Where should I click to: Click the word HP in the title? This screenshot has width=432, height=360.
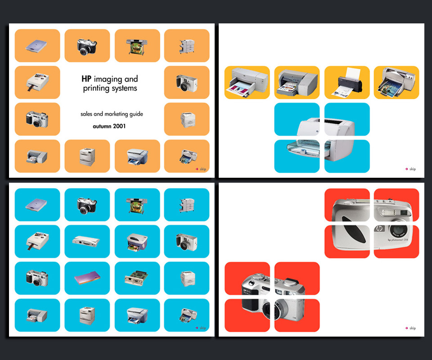pyautogui.click(x=86, y=79)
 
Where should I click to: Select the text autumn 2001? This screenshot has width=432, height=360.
pyautogui.click(x=109, y=126)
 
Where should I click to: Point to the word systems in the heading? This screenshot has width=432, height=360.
pyautogui.click(x=124, y=88)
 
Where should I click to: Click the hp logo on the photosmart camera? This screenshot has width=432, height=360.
pyautogui.click(x=379, y=228)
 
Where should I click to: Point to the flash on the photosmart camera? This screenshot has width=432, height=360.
pyautogui.click(x=388, y=212)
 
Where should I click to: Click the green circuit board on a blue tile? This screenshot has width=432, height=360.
pyautogui.click(x=137, y=279)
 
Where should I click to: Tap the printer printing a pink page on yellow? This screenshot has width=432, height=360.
pyautogui.click(x=247, y=82)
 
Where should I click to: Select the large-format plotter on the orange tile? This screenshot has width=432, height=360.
pyautogui.click(x=137, y=46)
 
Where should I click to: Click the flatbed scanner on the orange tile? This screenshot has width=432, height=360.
pyautogui.click(x=36, y=46)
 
